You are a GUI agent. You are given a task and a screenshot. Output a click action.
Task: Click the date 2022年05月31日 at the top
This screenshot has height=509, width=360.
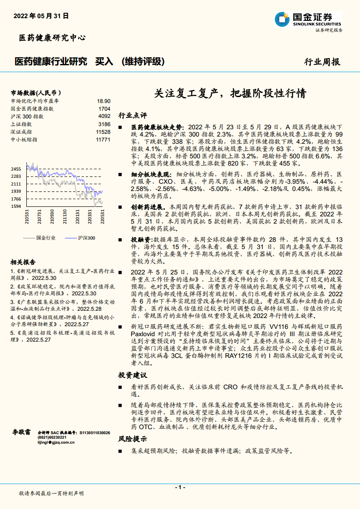[x=41, y=15]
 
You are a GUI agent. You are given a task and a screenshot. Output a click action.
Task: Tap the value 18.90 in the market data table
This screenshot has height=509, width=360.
[x=104, y=101]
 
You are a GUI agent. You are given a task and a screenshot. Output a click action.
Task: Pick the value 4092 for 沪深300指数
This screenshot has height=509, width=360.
[x=104, y=116]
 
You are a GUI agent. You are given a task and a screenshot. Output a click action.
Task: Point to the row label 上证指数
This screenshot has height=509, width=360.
[x=21, y=124]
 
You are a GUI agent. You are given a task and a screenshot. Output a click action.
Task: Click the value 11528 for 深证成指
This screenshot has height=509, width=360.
[x=103, y=132]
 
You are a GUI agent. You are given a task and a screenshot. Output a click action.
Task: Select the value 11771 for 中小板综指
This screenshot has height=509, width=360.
[x=103, y=139]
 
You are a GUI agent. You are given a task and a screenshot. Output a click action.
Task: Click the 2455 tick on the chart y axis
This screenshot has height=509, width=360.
[x=16, y=169]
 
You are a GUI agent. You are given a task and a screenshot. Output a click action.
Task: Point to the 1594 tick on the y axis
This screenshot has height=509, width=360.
[x=16, y=206]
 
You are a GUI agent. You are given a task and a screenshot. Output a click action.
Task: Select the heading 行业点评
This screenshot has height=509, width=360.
[x=133, y=115]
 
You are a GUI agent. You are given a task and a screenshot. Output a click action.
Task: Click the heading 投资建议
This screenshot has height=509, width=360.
[x=133, y=375]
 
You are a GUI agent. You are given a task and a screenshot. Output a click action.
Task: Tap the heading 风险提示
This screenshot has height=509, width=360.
[x=133, y=439]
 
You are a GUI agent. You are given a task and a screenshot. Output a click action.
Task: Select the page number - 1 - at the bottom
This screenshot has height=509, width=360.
[x=180, y=487]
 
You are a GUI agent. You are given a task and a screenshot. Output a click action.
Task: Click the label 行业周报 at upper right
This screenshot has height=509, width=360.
[x=322, y=62]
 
